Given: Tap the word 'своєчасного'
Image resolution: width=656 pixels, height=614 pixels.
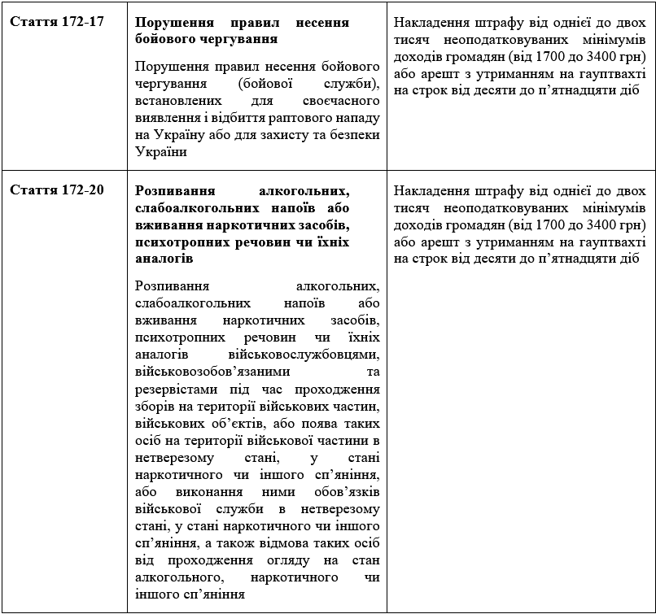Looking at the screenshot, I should coord(340,102).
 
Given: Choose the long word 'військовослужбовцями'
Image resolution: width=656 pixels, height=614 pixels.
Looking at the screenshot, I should coord(313,355).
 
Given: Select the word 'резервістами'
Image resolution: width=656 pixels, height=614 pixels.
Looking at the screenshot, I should coord(173,390).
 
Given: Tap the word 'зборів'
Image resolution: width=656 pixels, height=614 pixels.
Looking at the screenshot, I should coord(156,406).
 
